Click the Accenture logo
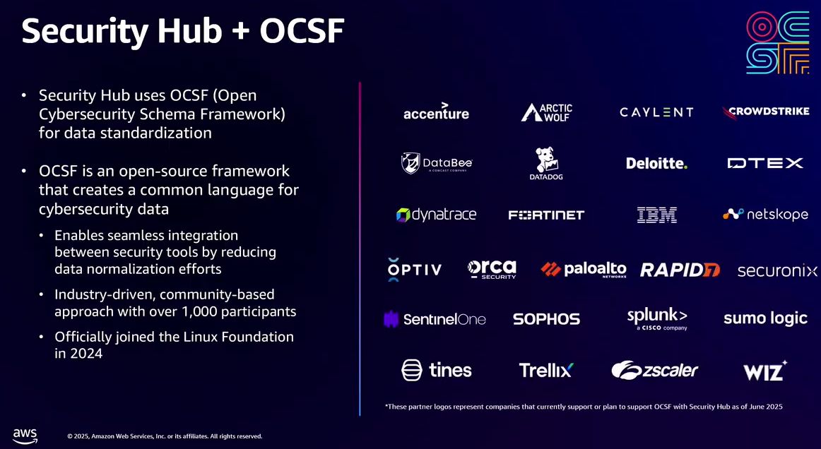point(436,112)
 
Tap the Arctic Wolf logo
point(546,112)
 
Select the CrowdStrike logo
point(766,112)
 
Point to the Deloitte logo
point(656,163)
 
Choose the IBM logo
point(656,215)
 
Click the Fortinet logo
point(546,215)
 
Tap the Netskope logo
point(765,214)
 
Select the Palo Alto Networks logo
point(584,270)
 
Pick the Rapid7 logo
point(680,270)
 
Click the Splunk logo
point(657,318)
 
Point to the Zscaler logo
point(655,370)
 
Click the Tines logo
point(436,369)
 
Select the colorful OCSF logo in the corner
point(777,42)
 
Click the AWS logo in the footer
point(25,434)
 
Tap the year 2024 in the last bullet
point(85,354)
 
